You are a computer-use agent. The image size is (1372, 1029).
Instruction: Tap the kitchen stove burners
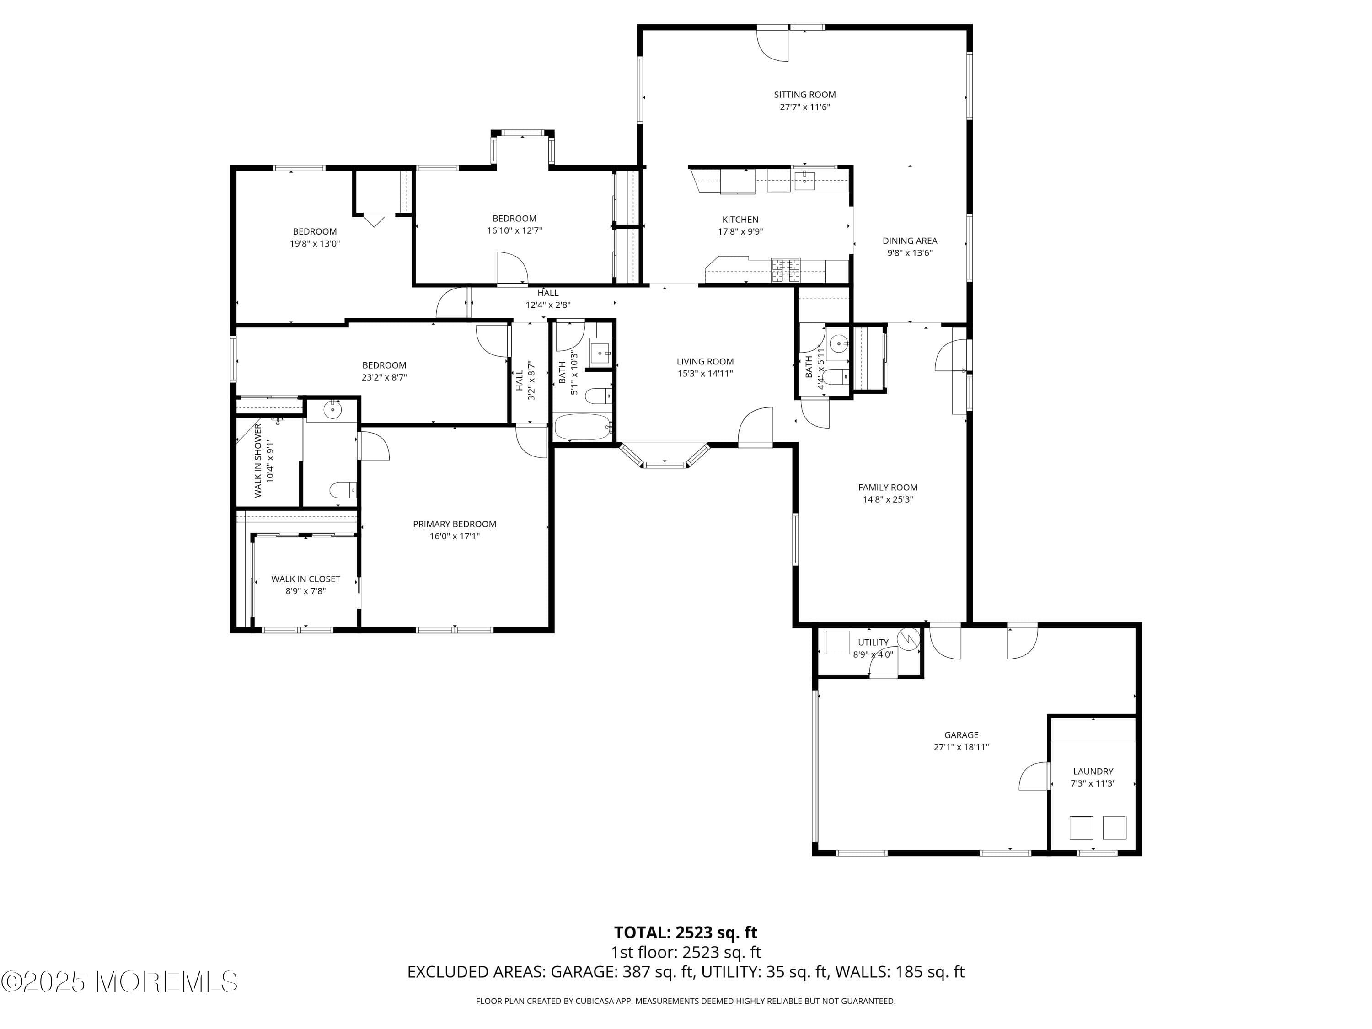786,269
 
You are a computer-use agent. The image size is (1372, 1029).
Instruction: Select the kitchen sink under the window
804,181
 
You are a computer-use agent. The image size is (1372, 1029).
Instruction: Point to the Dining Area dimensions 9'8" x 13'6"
909,253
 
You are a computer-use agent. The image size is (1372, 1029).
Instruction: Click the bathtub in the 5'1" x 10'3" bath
582,427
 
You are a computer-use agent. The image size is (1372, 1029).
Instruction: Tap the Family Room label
888,488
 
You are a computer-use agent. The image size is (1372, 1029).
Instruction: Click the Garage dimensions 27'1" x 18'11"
961,747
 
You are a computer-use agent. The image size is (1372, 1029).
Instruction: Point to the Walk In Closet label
305,579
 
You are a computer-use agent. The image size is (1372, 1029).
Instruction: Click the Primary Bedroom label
454,524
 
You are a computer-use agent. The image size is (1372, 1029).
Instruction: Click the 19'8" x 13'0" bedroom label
315,231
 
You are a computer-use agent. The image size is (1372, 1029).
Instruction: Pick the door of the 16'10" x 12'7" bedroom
512,268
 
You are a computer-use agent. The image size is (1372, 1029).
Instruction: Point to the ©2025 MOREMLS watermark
119,982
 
